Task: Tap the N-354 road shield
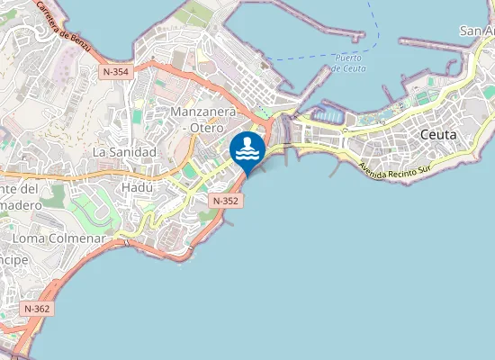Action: point(116,71)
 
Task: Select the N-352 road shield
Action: point(225,200)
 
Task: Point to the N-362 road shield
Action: point(37,309)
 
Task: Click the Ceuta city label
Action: point(438,134)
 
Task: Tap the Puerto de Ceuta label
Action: point(347,62)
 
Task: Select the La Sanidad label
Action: point(124,152)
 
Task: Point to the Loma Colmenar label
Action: point(60,238)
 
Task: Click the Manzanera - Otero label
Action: point(202,119)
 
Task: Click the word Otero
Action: point(207,128)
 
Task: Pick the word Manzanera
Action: point(202,111)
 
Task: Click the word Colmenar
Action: point(78,238)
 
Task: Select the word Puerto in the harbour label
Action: point(347,57)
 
